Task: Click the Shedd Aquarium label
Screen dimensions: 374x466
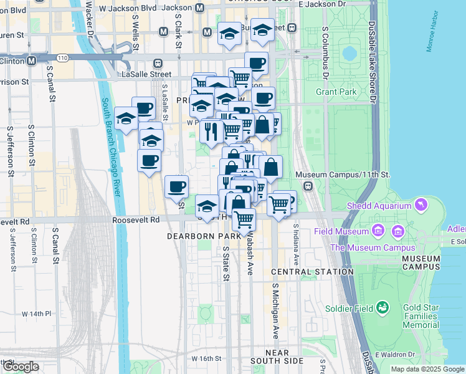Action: tap(379, 206)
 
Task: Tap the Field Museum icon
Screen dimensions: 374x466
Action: tap(378, 232)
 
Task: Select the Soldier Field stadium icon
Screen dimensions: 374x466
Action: tap(383, 307)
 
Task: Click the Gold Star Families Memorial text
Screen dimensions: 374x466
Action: tap(429, 317)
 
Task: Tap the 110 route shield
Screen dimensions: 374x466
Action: tap(62, 57)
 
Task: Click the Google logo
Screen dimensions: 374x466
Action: tap(20, 367)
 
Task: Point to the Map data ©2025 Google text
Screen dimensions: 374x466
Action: tap(427, 369)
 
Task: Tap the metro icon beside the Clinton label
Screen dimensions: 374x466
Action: tap(31, 60)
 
